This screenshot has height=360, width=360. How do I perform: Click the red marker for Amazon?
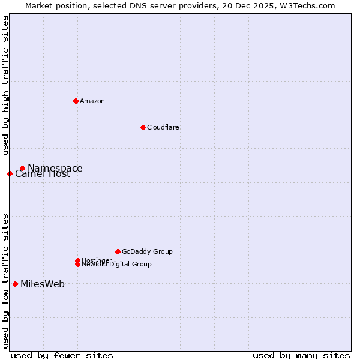[76, 101]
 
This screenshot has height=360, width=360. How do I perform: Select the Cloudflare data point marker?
[143, 127]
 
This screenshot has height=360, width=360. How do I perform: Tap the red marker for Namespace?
[22, 169]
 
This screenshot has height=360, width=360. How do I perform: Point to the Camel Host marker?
[10, 173]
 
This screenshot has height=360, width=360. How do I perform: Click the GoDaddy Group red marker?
[118, 251]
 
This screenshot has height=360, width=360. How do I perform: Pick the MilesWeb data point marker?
[15, 284]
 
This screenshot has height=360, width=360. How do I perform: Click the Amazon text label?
[92, 101]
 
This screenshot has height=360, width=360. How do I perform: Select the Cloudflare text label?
[163, 127]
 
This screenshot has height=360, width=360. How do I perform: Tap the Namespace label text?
[55, 169]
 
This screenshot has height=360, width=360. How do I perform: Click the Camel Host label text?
[43, 175]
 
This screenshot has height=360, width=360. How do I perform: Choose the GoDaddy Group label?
[147, 251]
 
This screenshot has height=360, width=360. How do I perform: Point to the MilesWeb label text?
[43, 284]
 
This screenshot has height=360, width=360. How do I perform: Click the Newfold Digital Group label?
[117, 265]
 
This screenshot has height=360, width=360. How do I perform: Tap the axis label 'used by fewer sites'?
[62, 355]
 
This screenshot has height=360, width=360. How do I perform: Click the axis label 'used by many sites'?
[301, 355]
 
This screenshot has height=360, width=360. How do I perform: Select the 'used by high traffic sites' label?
[6, 86]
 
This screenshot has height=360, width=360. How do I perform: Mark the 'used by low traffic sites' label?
[6, 281]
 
